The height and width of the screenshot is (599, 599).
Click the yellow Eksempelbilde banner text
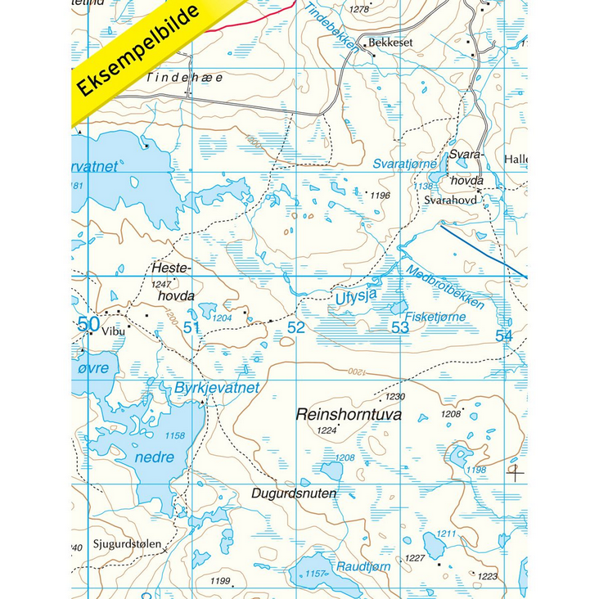click(139, 51)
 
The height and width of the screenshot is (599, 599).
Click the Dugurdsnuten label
click(289, 494)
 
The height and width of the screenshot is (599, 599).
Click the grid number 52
click(295, 328)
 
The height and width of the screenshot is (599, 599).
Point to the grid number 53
click(399, 328)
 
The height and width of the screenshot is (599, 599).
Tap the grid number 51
click(192, 328)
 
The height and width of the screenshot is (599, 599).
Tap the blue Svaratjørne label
click(404, 164)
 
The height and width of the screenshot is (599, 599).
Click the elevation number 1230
click(394, 396)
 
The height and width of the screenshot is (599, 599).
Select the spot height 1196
click(380, 196)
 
